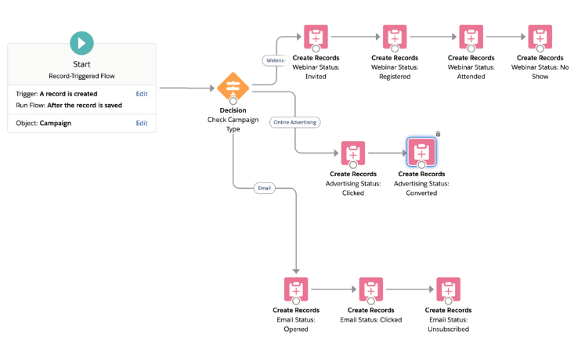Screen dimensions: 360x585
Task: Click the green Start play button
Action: click(81, 43)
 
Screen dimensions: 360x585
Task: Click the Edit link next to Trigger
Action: click(142, 94)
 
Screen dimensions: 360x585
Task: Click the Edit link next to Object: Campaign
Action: click(142, 124)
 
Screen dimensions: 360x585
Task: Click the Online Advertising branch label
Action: click(296, 122)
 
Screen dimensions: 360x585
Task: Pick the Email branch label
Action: click(265, 188)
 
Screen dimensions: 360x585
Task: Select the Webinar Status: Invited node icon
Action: click(315, 37)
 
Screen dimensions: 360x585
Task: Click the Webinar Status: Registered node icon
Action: click(395, 37)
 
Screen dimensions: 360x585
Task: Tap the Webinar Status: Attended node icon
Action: click(471, 37)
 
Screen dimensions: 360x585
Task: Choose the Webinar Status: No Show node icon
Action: click(540, 37)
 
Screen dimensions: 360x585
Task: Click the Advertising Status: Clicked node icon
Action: click(353, 153)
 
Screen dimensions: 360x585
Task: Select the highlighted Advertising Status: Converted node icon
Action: click(421, 153)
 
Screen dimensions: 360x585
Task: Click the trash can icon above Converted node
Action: click(438, 134)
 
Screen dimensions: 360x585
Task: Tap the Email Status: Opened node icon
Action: click(296, 290)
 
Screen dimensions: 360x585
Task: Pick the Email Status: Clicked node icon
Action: click(370, 290)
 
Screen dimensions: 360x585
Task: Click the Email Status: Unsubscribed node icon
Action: click(448, 290)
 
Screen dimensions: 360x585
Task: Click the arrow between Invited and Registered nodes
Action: click(355, 37)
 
